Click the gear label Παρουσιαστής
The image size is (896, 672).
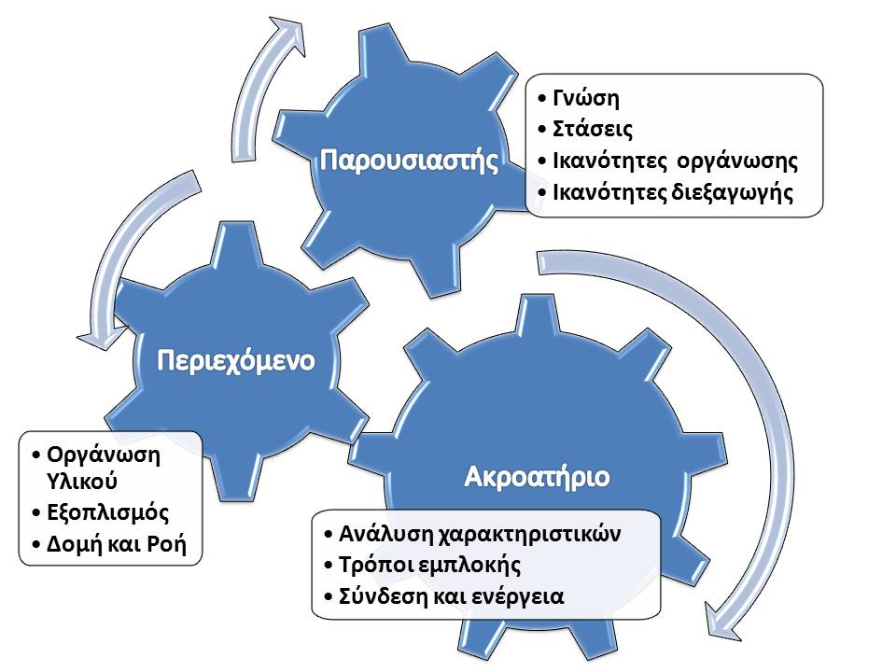coord(409,161)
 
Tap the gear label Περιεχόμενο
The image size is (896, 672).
coord(236,361)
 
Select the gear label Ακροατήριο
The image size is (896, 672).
coord(538,477)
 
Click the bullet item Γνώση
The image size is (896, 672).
coord(586,98)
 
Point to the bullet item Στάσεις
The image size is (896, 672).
coord(593,129)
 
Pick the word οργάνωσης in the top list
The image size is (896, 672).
coord(737,161)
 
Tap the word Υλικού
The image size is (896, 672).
coord(82,482)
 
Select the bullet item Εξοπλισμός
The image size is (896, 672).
coord(108,512)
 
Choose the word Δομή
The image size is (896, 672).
coord(70,544)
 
